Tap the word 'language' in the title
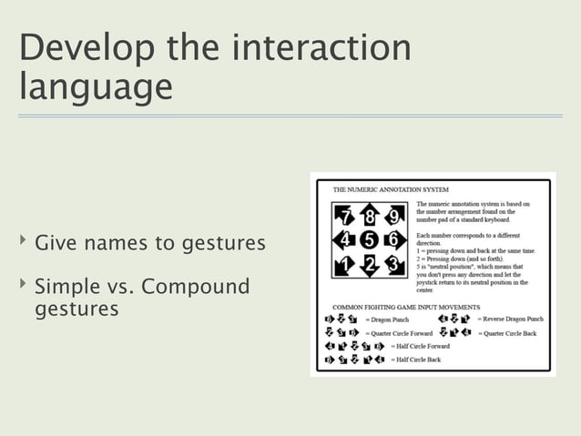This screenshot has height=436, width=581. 95,88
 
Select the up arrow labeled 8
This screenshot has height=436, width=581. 369,216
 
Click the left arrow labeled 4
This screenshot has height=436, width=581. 343,241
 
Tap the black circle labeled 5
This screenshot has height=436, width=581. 369,241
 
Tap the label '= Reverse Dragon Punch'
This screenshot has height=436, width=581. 510,319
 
